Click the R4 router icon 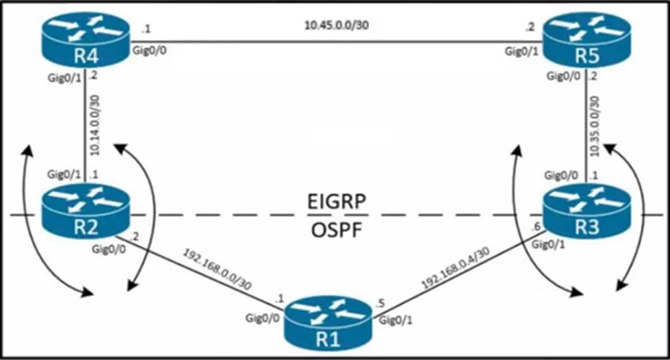tap(86, 41)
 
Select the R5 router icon tap(587, 40)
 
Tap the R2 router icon tap(86, 211)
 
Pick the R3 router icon tap(587, 211)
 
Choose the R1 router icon tap(328, 323)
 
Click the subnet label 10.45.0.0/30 tap(336, 25)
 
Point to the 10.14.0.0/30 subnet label tap(95, 126)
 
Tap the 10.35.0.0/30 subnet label tap(594, 126)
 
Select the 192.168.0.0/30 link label tap(217, 270)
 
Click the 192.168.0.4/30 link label tap(456, 268)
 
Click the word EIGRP tap(337, 201)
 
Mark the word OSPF tap(337, 230)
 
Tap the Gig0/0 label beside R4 tap(149, 50)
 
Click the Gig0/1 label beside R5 tap(522, 51)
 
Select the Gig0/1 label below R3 tap(548, 244)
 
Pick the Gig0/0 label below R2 tap(109, 248)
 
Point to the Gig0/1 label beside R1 tap(396, 319)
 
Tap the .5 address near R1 tap(380, 304)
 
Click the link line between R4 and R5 tap(336, 41)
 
